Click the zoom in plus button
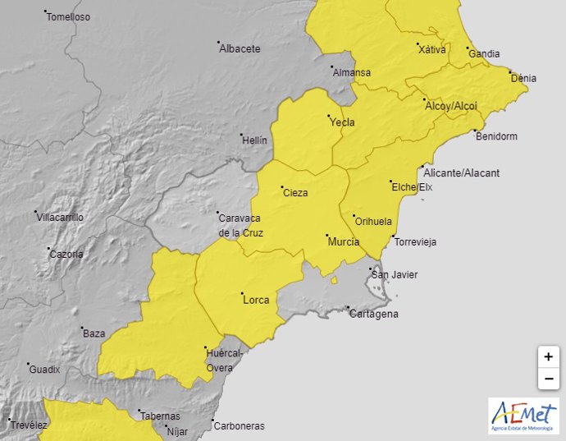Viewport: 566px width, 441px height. click(548, 357)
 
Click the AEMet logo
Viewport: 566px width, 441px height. click(523, 416)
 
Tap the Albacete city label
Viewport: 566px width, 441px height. click(240, 48)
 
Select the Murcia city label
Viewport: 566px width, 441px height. click(343, 242)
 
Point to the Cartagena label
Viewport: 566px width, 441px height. click(375, 314)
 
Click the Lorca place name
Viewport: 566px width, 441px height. click(256, 300)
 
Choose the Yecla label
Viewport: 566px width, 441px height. click(342, 122)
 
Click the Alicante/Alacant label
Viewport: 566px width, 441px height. click(459, 173)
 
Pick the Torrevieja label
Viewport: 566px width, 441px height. click(415, 241)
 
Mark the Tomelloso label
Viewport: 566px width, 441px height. click(68, 17)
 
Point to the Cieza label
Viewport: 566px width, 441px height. click(295, 193)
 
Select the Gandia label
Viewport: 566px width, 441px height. click(484, 54)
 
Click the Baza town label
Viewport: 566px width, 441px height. click(94, 333)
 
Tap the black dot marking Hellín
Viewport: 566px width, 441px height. click(241, 136)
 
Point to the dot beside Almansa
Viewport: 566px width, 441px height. click(332, 67)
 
